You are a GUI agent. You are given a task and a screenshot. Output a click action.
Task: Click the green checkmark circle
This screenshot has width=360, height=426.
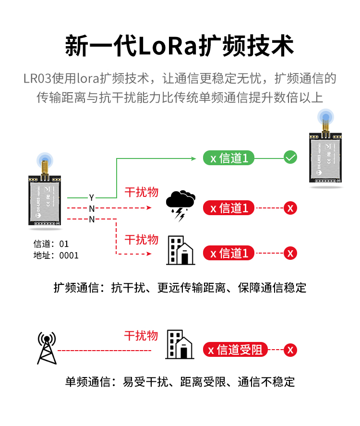tap(290, 157)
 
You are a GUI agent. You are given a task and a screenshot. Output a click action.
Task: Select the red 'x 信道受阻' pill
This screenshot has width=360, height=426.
tap(235, 350)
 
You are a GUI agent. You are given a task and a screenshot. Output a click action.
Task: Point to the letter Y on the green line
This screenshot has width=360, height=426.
tap(92, 197)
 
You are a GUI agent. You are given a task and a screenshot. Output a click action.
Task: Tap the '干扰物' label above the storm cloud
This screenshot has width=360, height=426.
tap(141, 192)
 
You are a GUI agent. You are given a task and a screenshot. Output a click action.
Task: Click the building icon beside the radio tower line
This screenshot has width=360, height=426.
tap(180, 344)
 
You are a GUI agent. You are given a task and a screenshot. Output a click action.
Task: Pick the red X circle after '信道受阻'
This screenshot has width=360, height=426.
tap(290, 350)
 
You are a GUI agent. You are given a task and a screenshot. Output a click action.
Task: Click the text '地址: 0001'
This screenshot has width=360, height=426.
tap(56, 256)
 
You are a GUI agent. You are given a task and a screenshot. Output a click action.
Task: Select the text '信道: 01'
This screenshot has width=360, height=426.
tap(51, 244)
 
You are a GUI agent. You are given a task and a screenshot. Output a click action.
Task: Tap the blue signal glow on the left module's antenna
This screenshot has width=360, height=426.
tap(46, 160)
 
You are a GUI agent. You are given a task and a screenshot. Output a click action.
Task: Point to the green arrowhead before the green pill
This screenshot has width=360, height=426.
tap(194, 158)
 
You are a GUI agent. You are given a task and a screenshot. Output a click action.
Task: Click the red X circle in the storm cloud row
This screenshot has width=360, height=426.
tap(290, 208)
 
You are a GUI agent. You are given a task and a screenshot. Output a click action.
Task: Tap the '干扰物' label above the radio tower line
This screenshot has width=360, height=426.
tap(141, 335)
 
